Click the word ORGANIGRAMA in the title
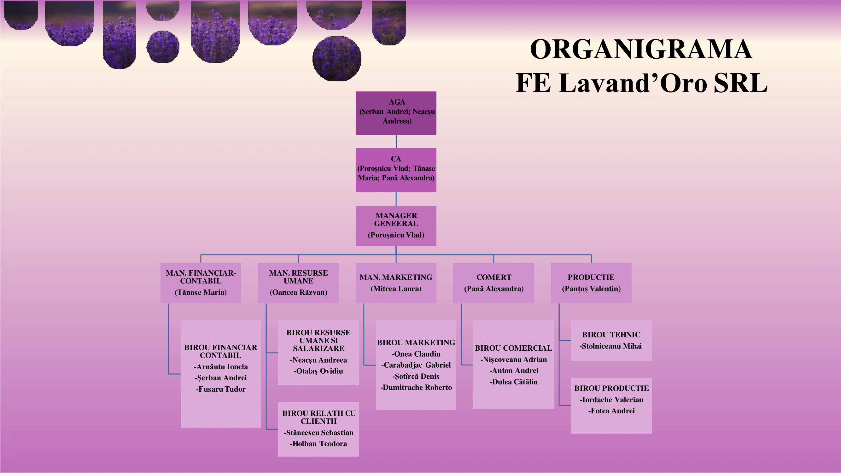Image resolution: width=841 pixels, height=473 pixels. tap(641, 49)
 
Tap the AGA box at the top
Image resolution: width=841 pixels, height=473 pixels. tap(396, 113)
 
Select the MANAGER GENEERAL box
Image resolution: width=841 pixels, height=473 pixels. tap(396, 225)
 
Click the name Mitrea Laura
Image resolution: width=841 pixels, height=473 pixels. tap(396, 289)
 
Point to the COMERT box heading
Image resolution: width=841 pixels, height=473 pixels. tap(494, 277)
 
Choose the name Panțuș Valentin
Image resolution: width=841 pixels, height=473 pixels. tap(591, 289)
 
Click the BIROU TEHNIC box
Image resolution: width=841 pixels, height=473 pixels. tap(611, 340)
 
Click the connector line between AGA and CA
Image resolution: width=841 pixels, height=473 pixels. tap(396, 142)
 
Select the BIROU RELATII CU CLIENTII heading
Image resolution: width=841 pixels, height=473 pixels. tap(318, 417)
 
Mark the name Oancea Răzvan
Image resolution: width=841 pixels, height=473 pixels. tap(298, 292)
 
